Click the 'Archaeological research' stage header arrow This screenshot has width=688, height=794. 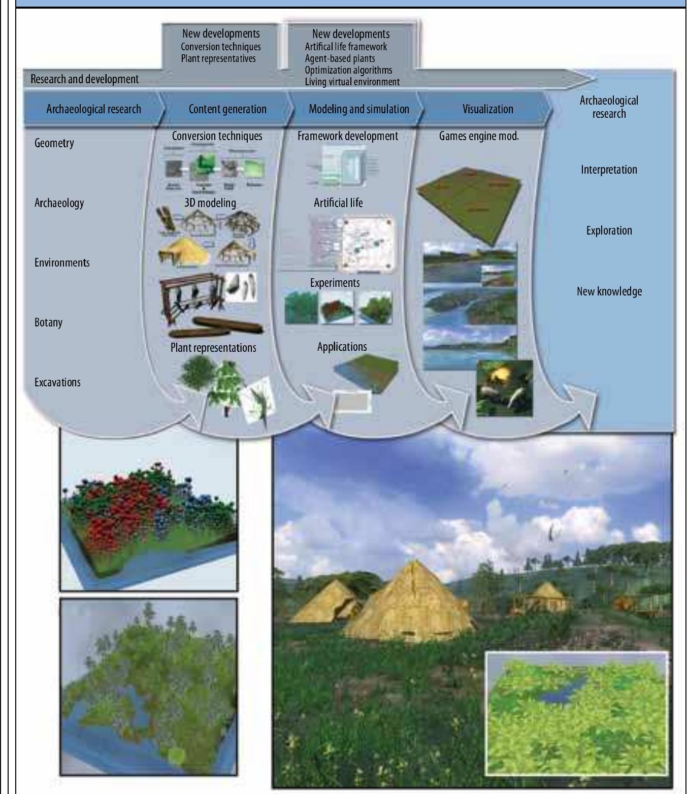pyautogui.click(x=93, y=109)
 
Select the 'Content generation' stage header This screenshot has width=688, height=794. pyautogui.click(x=227, y=109)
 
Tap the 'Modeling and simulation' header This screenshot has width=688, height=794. pyautogui.click(x=358, y=109)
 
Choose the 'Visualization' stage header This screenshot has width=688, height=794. pyautogui.click(x=487, y=109)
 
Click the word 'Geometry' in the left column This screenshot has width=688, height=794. pyautogui.click(x=54, y=143)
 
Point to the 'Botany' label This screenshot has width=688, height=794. pyautogui.click(x=48, y=322)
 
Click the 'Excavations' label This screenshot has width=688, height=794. pyautogui.click(x=57, y=382)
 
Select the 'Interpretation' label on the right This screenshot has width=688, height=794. pyautogui.click(x=609, y=170)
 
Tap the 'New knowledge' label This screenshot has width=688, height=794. pyautogui.click(x=609, y=291)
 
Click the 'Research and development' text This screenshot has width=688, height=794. pyautogui.click(x=84, y=79)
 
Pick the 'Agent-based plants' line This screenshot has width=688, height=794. pyautogui.click(x=340, y=58)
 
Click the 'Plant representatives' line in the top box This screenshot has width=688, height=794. pyautogui.click(x=218, y=58)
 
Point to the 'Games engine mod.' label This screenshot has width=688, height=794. pyautogui.click(x=479, y=136)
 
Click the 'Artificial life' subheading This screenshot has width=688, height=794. pyautogui.click(x=338, y=203)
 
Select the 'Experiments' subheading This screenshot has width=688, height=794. pyautogui.click(x=335, y=283)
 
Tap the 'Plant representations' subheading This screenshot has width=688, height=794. pyautogui.click(x=213, y=348)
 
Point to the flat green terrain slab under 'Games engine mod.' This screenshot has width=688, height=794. pyautogui.click(x=470, y=201)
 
